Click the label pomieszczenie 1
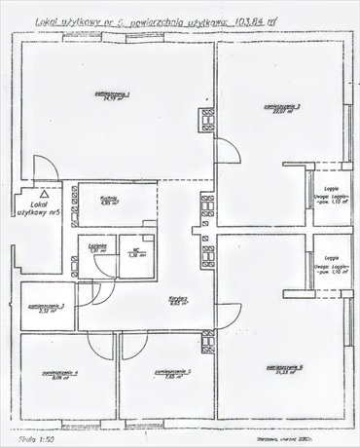[120, 93]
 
